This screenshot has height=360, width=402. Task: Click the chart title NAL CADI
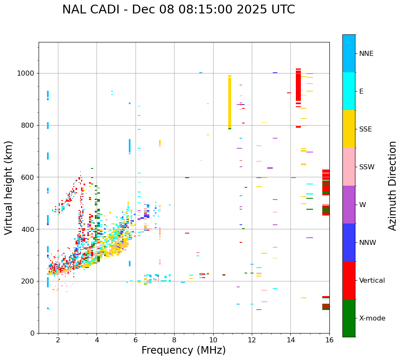click(x=178, y=10)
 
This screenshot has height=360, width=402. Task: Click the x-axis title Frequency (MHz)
click(x=183, y=350)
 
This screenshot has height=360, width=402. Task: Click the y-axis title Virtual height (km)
click(x=9, y=187)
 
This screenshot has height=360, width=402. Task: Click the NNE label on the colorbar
click(x=366, y=54)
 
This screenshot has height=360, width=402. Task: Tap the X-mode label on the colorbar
click(x=372, y=318)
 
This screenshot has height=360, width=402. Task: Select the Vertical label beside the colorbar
click(x=372, y=281)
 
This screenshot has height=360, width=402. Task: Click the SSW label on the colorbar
click(x=366, y=167)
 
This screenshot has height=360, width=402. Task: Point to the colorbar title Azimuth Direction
click(x=392, y=186)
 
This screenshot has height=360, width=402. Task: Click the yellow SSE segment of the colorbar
click(x=349, y=129)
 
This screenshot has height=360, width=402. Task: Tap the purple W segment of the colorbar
click(x=349, y=205)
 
